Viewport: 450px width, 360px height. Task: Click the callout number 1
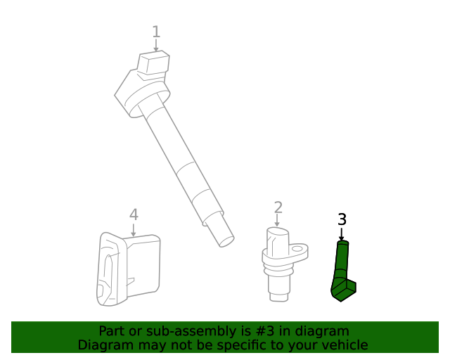point(156,32)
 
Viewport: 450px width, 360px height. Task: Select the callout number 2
point(278,207)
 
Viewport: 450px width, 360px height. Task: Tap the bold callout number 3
point(342,219)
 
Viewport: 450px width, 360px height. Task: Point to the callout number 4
point(134,214)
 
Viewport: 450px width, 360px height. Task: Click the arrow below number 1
point(156,46)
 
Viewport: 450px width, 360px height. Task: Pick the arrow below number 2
point(277,221)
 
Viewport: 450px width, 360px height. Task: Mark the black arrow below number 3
point(341,234)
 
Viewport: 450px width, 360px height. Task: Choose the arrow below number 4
point(133,230)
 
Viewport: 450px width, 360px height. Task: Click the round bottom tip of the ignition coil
point(226,241)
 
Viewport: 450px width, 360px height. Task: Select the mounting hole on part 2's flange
point(298,249)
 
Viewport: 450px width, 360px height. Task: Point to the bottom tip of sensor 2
point(278,297)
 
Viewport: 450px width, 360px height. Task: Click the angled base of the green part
point(344,290)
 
